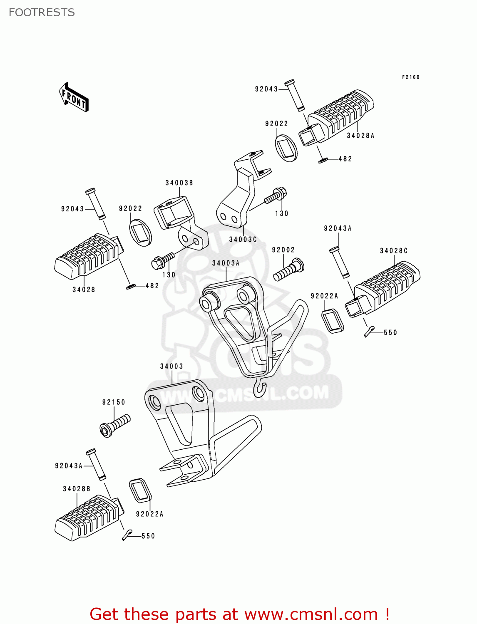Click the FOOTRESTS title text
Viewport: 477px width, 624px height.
(x=42, y=12)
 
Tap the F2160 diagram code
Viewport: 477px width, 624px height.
(x=410, y=77)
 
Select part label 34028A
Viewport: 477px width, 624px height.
(x=360, y=136)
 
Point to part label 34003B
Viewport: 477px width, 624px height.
(x=179, y=183)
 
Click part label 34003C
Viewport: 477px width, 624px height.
(x=243, y=240)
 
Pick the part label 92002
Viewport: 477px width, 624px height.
(x=283, y=250)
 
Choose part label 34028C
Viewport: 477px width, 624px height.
(x=393, y=251)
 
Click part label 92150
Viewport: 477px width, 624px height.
(x=114, y=402)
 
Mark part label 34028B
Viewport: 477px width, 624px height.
(x=77, y=489)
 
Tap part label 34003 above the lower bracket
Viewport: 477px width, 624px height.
(x=171, y=366)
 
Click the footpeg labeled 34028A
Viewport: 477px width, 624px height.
(x=337, y=116)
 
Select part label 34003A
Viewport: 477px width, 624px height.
(x=226, y=263)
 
